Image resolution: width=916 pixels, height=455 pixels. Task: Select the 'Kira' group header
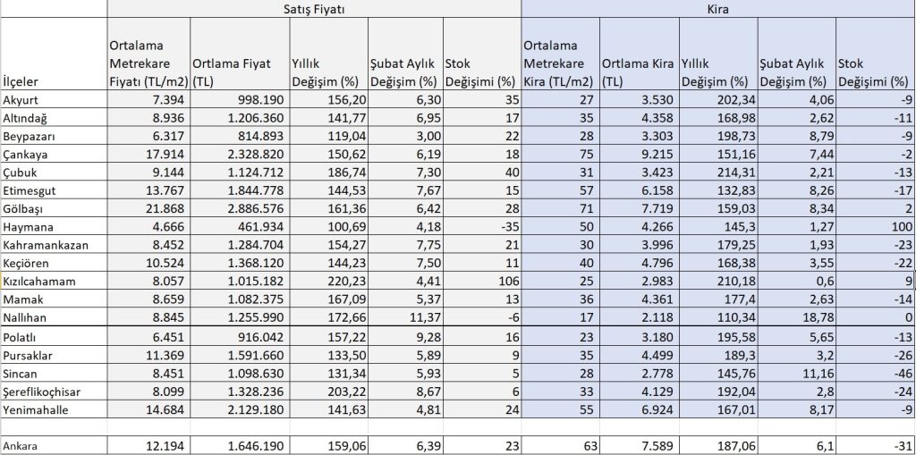point(717,9)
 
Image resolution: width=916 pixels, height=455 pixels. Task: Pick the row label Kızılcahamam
point(38,281)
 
